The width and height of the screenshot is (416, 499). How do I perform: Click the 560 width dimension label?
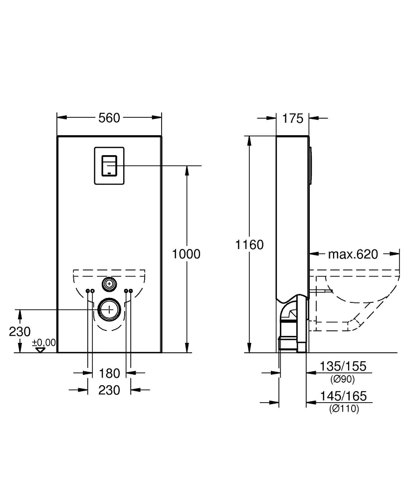[109, 118]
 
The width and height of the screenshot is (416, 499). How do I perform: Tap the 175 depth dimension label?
[293, 118]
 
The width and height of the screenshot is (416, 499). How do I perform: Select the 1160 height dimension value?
[250, 245]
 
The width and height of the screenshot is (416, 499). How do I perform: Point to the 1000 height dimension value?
[186, 254]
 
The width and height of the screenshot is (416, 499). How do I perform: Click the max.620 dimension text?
[353, 254]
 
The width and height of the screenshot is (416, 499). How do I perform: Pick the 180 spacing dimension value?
[109, 373]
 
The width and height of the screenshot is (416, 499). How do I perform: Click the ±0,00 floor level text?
[44, 342]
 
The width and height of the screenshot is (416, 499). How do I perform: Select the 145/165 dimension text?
[343, 396]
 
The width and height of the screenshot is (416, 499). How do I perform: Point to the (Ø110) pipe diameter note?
[344, 409]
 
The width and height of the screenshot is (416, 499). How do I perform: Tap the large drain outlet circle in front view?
[109, 309]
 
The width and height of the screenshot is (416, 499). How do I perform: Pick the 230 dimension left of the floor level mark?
[20, 331]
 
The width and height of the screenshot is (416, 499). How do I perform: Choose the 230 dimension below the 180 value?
[109, 390]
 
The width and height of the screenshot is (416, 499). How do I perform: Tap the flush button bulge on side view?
[312, 165]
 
